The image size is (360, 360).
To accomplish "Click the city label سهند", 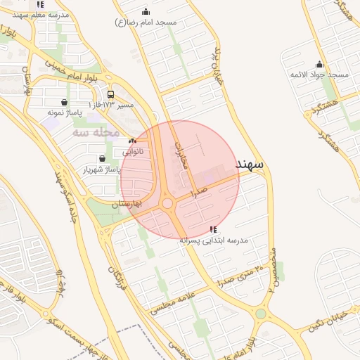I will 249,164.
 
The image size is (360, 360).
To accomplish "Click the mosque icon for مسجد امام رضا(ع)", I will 146,11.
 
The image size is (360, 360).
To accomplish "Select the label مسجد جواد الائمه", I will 319,74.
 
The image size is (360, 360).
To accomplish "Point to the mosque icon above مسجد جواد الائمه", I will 319,64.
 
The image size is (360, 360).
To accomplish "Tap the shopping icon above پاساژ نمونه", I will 65,103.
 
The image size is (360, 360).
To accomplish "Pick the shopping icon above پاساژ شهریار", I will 103,159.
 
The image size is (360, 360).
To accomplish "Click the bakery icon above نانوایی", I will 132,141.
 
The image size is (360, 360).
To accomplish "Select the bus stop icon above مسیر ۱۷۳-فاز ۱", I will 110,94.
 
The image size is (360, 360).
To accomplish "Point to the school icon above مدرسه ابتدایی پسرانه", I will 213,229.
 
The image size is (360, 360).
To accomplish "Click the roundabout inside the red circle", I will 167,204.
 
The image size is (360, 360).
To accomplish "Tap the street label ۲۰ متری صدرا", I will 239,274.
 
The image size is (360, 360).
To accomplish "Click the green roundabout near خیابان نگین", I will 261,314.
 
